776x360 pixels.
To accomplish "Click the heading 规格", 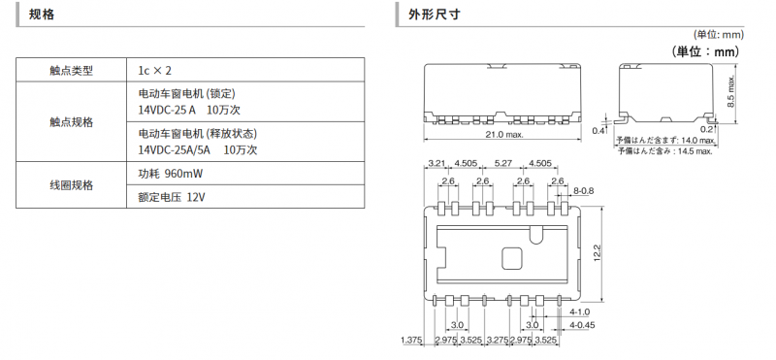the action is (42, 15).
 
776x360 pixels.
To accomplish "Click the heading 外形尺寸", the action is (434, 15).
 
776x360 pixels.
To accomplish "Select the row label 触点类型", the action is (71, 71).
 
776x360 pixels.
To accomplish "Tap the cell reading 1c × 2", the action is (155, 71).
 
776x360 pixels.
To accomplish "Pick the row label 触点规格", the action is (71, 122).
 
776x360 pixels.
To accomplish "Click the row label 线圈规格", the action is (71, 185).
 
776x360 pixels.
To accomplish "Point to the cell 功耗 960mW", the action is (171, 174).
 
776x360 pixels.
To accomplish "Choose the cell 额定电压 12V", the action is (172, 197).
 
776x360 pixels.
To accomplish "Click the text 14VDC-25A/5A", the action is (174, 150).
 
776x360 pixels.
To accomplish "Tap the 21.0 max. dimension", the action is (502, 134).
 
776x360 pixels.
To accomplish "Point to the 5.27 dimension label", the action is (503, 163).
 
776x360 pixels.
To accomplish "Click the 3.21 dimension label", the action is (436, 163).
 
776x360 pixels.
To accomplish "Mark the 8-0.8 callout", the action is (584, 190).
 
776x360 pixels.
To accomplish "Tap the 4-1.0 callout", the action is (579, 311).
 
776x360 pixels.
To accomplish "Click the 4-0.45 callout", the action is (582, 325).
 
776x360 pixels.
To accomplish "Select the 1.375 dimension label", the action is (410, 340).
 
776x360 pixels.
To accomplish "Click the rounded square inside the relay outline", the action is (512, 258).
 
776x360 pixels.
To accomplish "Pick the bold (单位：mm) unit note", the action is (705, 51).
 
